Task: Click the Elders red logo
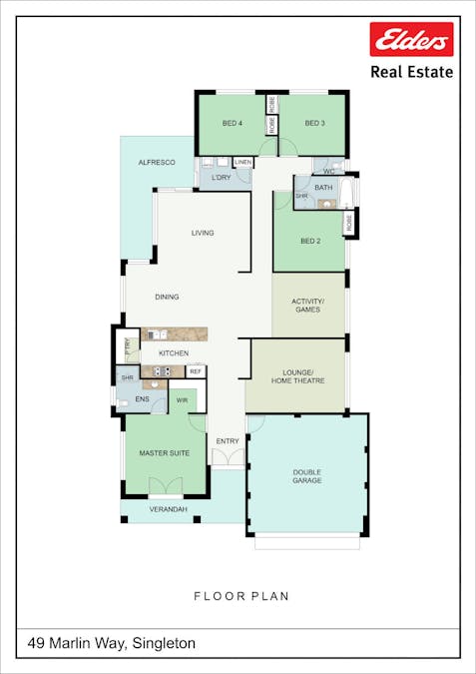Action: [x=411, y=39]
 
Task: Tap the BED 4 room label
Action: [x=232, y=124]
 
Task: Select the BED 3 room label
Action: [x=314, y=124]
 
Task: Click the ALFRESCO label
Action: [x=157, y=163]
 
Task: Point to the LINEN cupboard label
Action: [x=243, y=163]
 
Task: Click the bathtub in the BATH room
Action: [x=346, y=192]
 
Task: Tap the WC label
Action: [x=328, y=172]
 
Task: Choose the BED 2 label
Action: [x=310, y=242]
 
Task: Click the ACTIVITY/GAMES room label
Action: [x=307, y=306]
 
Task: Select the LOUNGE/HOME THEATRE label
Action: [x=297, y=376]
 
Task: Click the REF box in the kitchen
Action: [x=196, y=371]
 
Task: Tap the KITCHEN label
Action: [x=174, y=353]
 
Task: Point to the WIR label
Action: [x=183, y=400]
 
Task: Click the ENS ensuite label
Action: [x=142, y=399]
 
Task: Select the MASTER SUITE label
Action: [x=164, y=453]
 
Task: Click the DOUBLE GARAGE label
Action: [x=307, y=476]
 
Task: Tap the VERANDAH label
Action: [x=168, y=509]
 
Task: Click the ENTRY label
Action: [x=228, y=441]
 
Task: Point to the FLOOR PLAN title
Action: [x=241, y=596]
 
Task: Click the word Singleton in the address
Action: [x=164, y=643]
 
